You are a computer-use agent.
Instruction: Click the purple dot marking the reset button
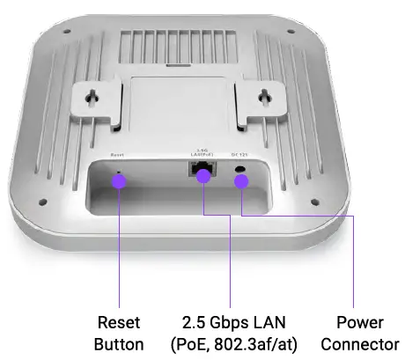click(119, 180)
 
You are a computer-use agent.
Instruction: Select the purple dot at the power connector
click(240, 181)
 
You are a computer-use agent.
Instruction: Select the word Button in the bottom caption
click(118, 344)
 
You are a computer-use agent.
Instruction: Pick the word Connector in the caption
click(359, 344)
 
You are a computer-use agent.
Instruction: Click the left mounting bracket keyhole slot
click(98, 94)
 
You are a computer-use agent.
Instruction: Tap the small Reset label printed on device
click(118, 155)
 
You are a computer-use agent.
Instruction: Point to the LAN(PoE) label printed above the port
click(201, 156)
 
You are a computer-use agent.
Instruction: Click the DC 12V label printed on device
click(238, 155)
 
